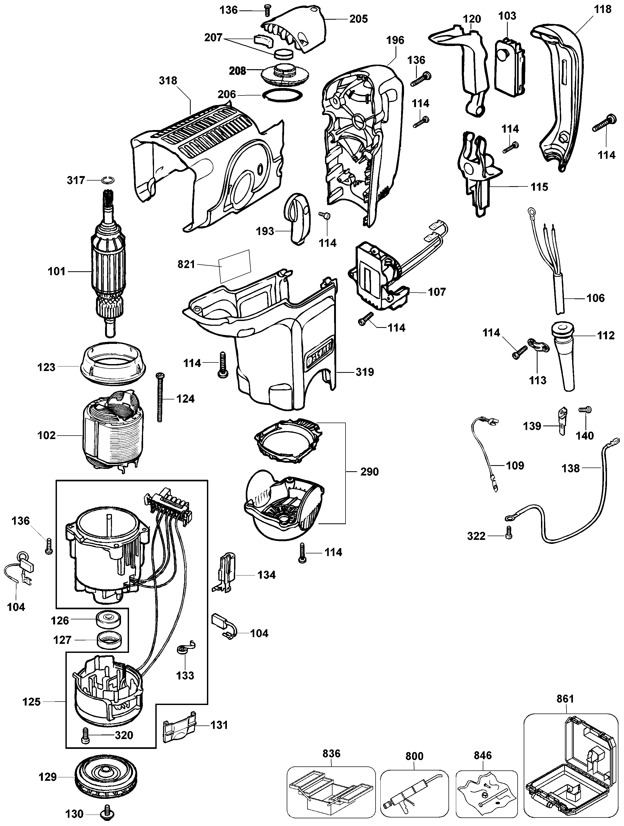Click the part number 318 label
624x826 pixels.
[168, 81]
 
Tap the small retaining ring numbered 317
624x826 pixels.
[107, 180]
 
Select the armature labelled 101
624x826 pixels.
[108, 269]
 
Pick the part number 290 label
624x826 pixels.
[369, 472]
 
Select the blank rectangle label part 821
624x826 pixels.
[235, 266]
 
